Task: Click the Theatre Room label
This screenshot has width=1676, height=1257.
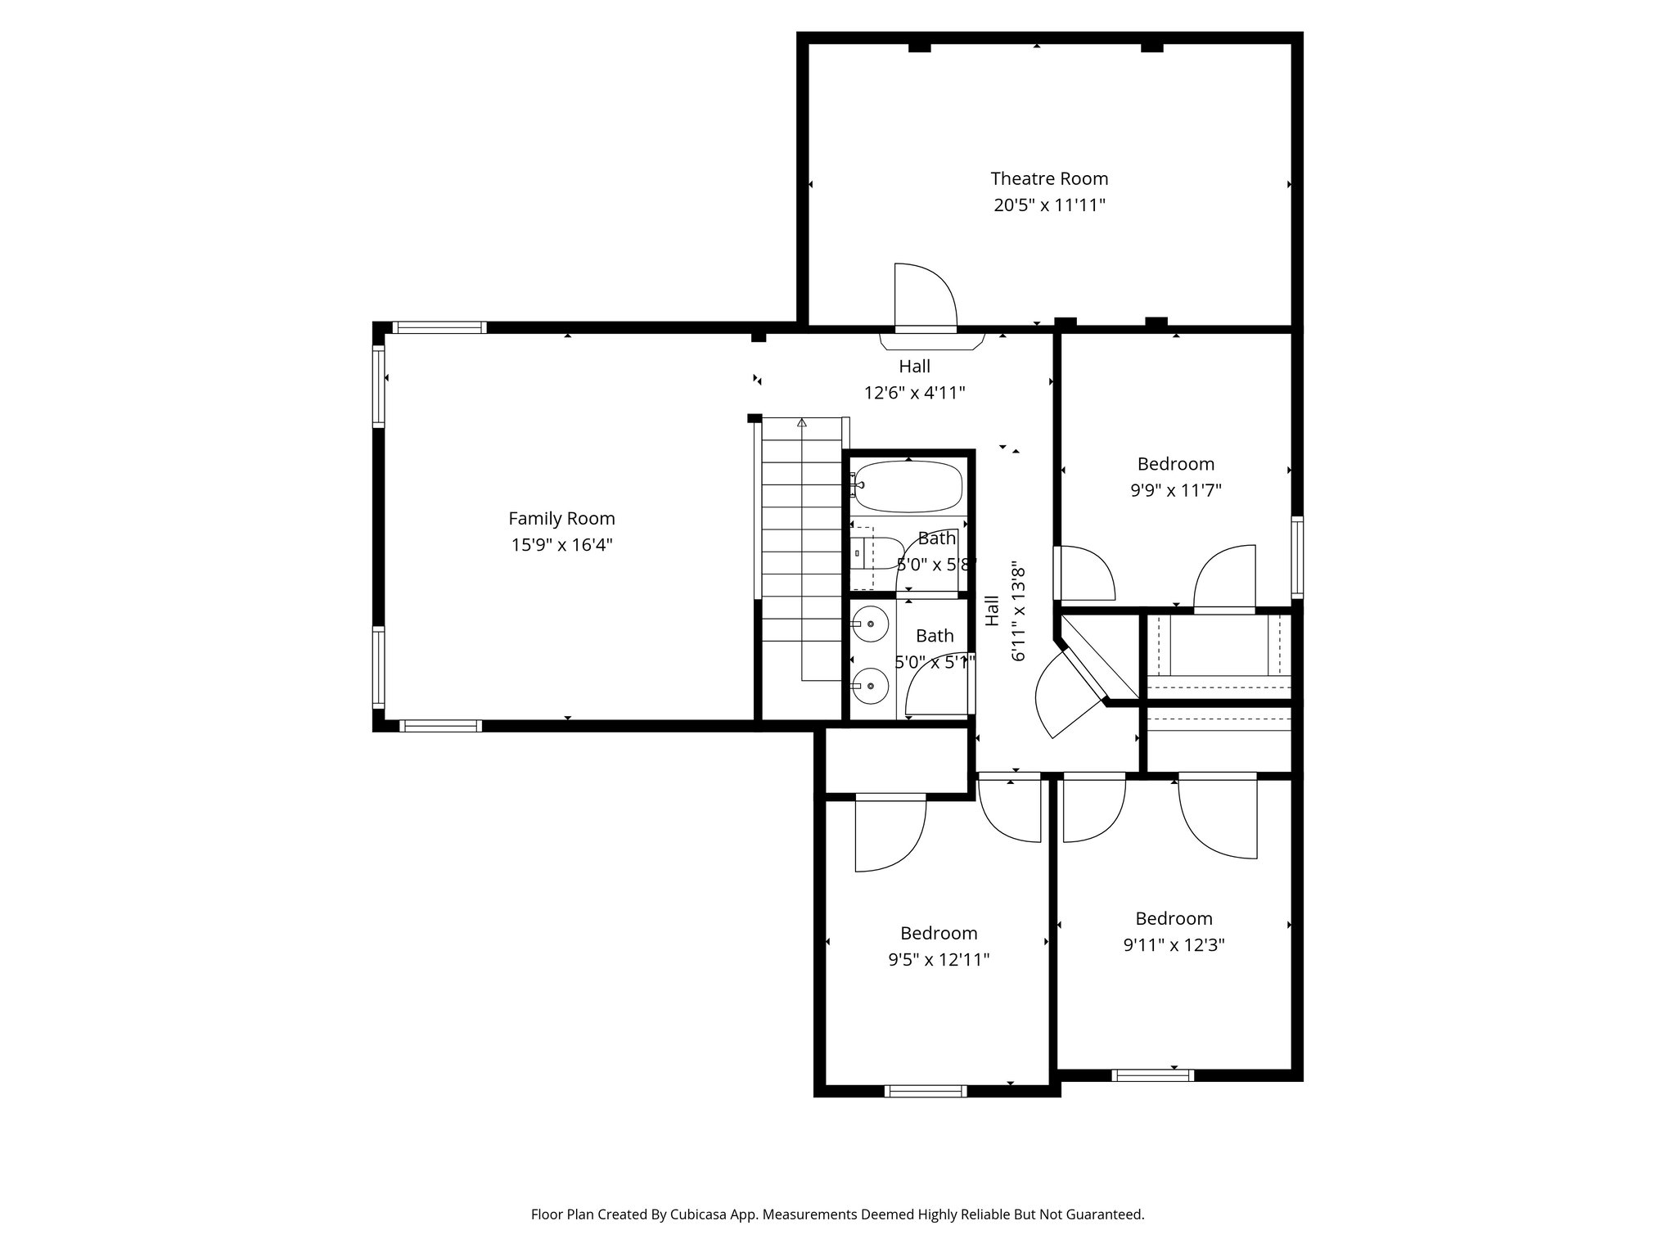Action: tap(1049, 178)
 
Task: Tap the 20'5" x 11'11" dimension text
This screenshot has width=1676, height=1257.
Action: tap(1049, 205)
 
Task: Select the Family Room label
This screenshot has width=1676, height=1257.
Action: tap(561, 518)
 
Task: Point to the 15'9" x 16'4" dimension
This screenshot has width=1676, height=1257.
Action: tap(561, 545)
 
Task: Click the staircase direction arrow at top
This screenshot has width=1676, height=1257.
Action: tap(802, 423)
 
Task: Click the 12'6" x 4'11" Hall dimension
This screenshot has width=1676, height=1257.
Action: tap(914, 393)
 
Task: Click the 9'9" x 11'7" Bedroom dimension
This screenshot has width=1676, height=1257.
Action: tap(1175, 491)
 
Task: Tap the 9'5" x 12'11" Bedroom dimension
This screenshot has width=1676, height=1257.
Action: tap(939, 960)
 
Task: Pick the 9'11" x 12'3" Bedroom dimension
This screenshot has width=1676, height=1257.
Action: tap(1174, 945)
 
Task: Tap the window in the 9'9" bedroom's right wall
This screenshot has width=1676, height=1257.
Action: tap(1296, 556)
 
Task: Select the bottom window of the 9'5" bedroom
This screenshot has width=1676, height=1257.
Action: tap(926, 1091)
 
